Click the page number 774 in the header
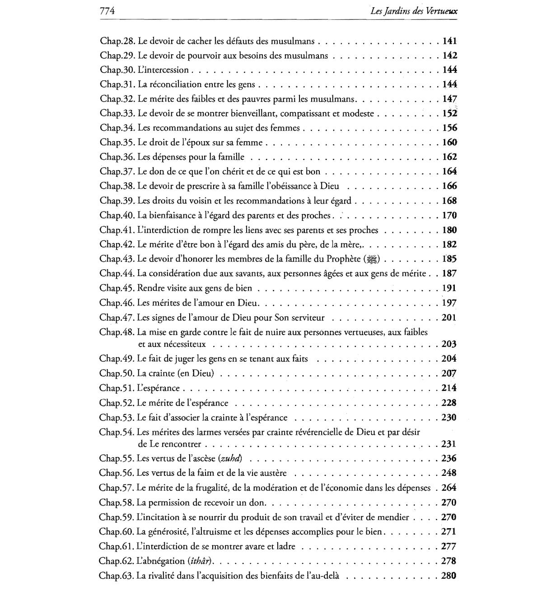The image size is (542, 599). point(107,11)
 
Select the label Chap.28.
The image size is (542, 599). point(118,41)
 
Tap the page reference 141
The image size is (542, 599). point(450,41)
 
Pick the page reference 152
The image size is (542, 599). point(450,114)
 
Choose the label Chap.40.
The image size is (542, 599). point(117,216)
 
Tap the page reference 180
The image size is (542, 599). point(450,230)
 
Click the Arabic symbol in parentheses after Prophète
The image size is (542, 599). point(372,259)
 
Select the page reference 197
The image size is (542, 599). point(450,303)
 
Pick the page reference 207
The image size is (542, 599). point(449,373)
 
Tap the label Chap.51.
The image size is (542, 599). point(117,388)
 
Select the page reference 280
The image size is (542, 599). point(449,576)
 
